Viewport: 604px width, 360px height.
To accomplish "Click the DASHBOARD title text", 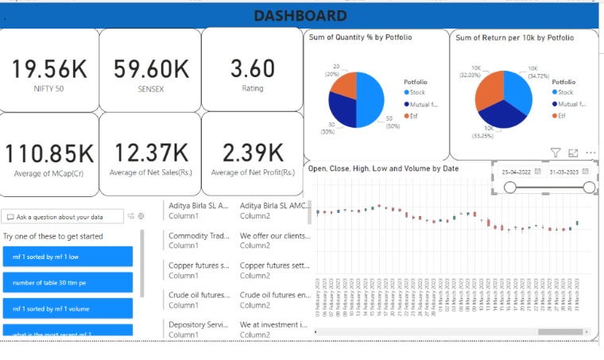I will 300,16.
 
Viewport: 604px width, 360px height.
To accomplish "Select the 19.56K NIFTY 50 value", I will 49,69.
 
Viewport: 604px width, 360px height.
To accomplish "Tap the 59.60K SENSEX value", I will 151,69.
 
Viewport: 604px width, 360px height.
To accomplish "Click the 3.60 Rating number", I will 252,69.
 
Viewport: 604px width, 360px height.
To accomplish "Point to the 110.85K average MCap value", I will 49,153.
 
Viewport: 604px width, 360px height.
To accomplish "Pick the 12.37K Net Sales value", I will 151,153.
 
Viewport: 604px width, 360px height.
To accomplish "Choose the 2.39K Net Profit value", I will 252,153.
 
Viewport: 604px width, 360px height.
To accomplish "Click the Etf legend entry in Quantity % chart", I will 410,116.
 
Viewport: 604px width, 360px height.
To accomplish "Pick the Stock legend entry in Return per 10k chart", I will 563,92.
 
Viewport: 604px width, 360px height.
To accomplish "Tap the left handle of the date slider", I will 510,187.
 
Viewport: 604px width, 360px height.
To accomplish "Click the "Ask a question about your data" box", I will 64,216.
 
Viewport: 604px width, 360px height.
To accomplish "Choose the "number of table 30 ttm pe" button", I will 68,282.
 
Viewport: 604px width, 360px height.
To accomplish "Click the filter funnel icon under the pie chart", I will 556,153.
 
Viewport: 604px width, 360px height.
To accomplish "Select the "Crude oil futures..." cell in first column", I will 199,295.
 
